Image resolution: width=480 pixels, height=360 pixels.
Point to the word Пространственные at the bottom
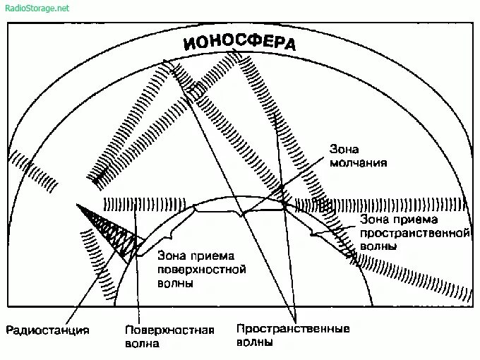point(293,329)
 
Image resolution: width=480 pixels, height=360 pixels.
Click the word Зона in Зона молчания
point(344,150)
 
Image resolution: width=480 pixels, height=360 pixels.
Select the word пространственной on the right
point(414,232)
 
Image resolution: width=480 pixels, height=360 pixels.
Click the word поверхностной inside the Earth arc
point(201,270)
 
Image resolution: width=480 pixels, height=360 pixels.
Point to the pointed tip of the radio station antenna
point(77,205)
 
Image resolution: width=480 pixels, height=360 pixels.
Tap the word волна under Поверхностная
point(142,344)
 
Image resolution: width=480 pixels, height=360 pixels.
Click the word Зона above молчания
point(344,150)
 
